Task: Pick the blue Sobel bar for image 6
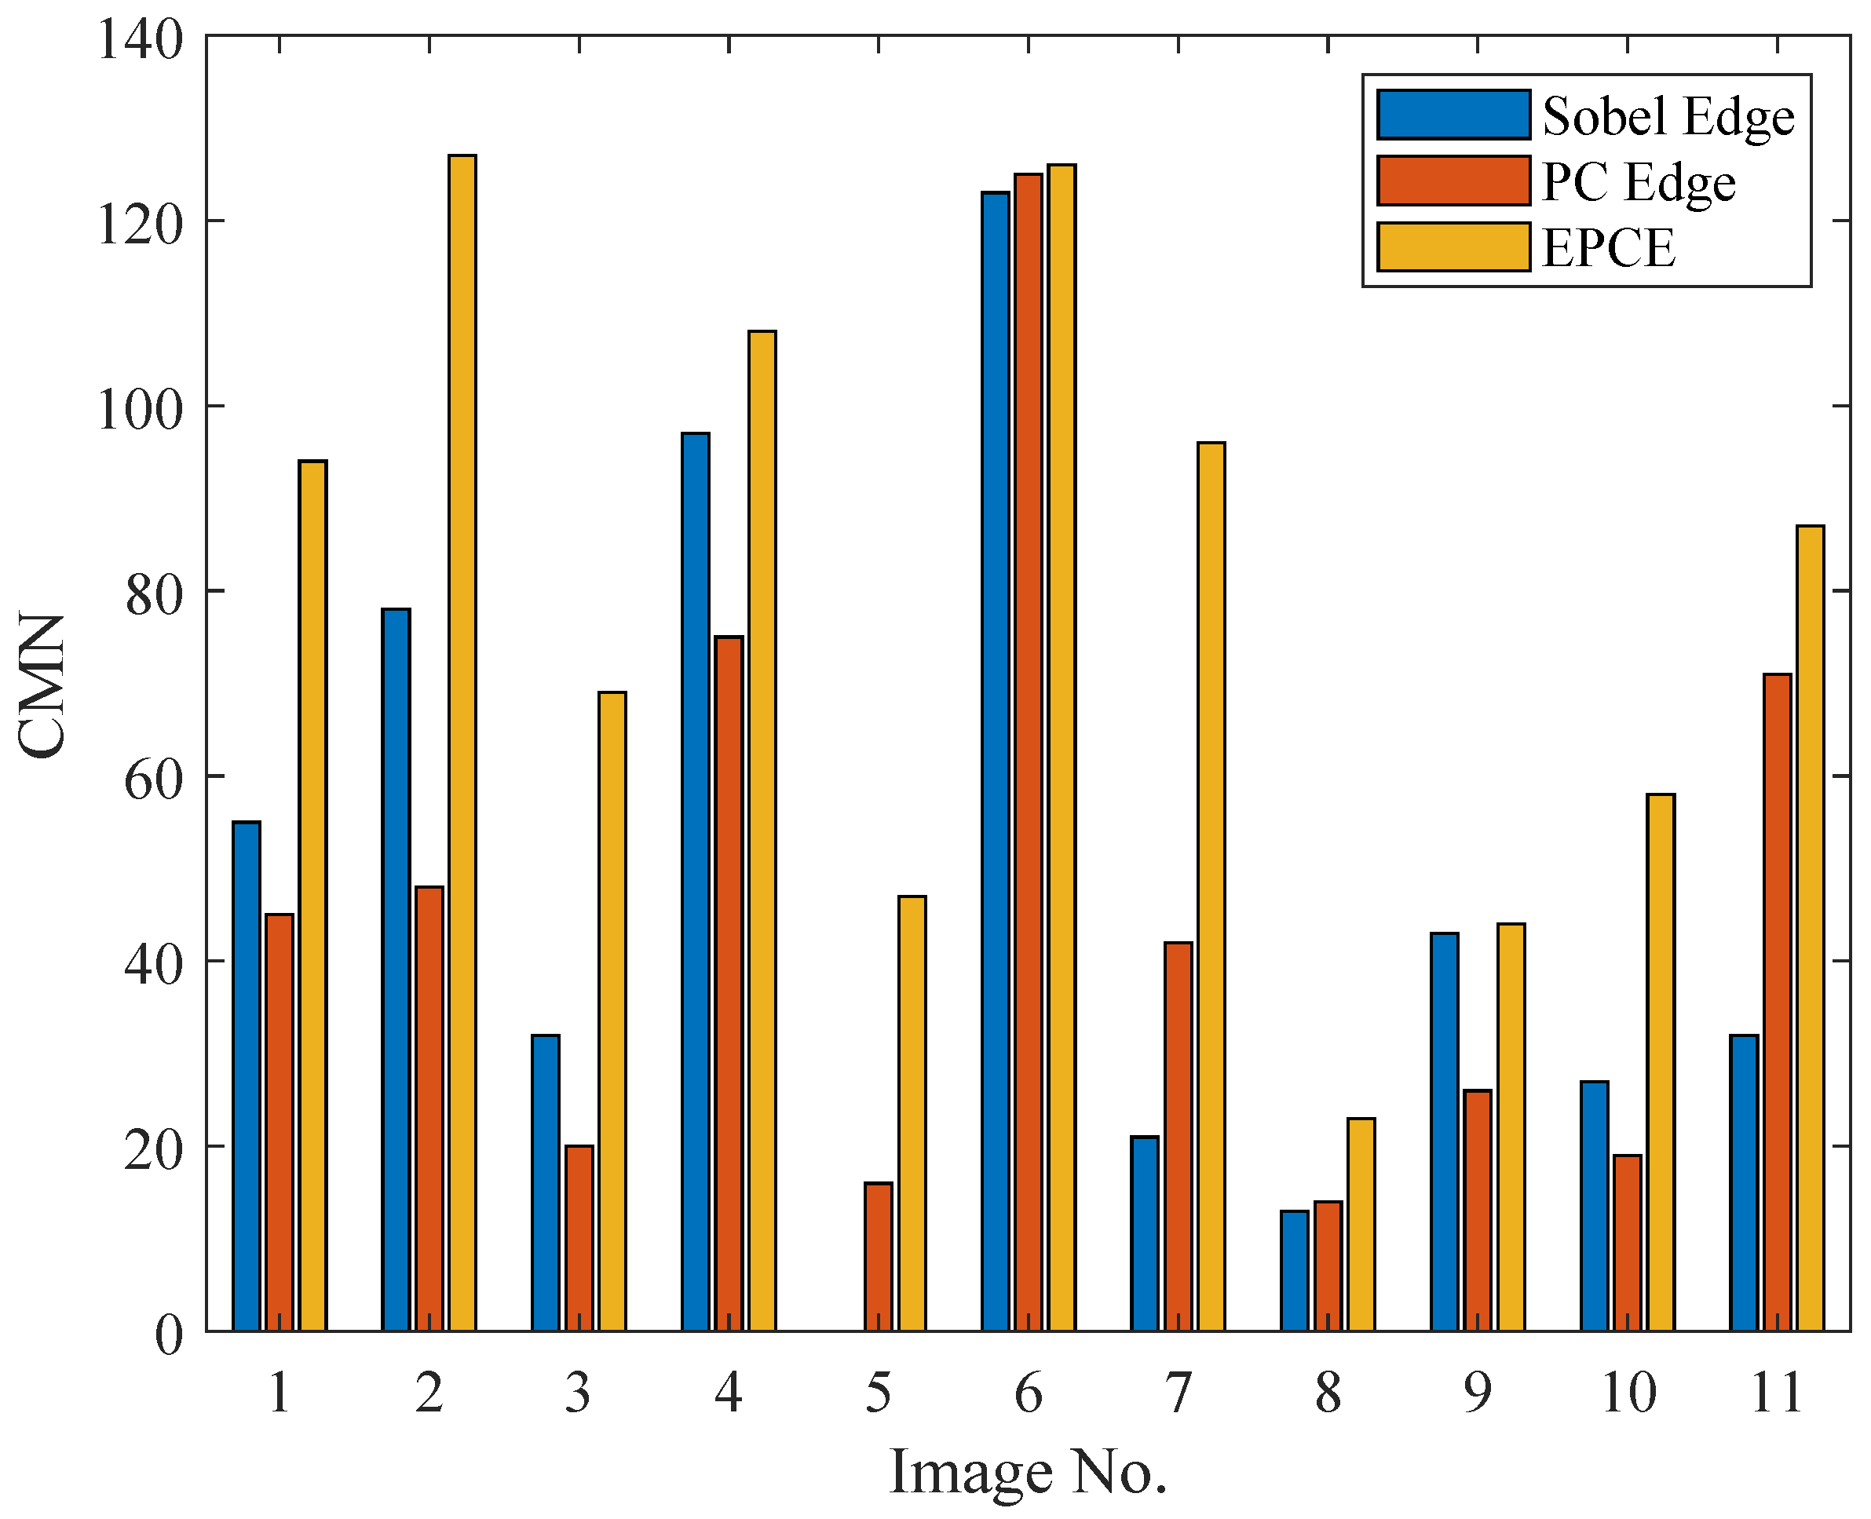[x=995, y=761]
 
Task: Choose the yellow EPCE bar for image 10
[x=1660, y=1062]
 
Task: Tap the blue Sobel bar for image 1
[x=247, y=1076]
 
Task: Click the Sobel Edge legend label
[x=1668, y=116]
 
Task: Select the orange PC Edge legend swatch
[x=1453, y=181]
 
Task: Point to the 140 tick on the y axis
[x=140, y=39]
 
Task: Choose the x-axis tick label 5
[x=878, y=1393]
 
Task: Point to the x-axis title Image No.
[x=1028, y=1473]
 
